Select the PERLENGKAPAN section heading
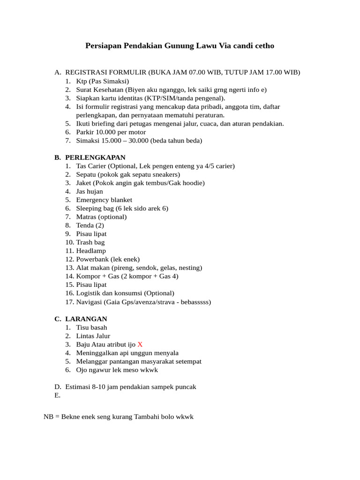pos(95,157)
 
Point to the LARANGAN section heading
pos(86,319)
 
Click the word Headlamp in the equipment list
pos(91,251)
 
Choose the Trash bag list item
pos(90,242)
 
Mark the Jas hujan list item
pos(90,191)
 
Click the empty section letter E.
pos(57,395)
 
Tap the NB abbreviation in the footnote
pos(49,417)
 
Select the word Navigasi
pos(90,302)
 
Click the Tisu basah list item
pos(91,327)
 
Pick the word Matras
pos(87,217)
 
